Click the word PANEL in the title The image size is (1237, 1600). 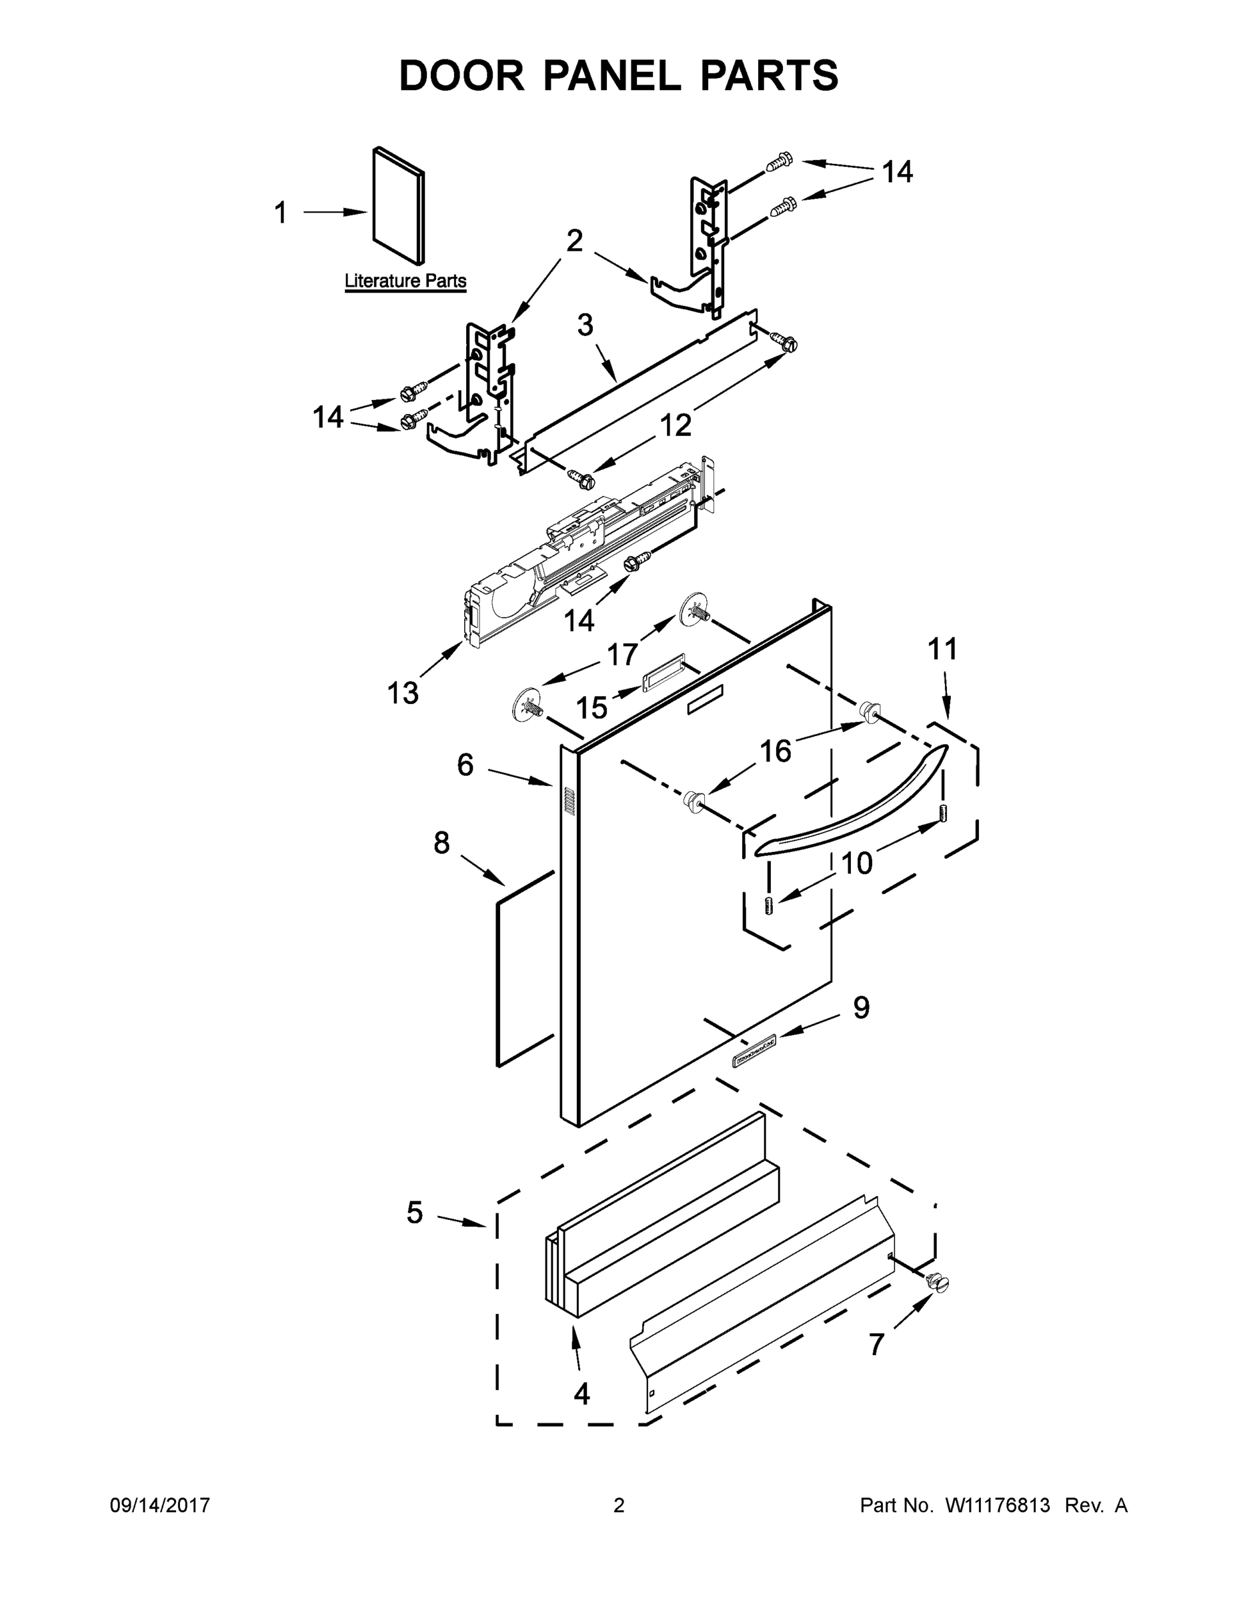(611, 75)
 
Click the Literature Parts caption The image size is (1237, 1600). (405, 281)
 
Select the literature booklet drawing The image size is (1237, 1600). (398, 206)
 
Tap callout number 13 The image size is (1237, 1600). (402, 692)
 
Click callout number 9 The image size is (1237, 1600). (861, 1008)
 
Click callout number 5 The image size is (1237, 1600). (415, 1213)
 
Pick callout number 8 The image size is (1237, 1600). (441, 843)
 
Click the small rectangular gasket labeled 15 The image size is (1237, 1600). (664, 672)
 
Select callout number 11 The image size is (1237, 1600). (942, 649)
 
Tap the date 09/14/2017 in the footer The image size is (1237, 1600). (160, 1505)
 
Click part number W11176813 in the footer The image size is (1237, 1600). (998, 1505)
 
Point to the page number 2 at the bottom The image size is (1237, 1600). (619, 1505)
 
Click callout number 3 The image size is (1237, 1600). (585, 325)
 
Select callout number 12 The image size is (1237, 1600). (675, 425)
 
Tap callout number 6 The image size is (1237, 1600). (465, 765)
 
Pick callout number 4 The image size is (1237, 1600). (581, 1394)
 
